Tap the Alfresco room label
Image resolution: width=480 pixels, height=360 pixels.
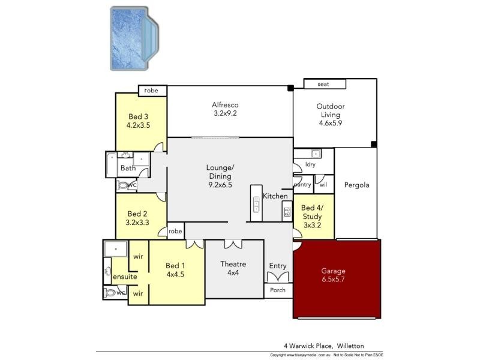click(226, 109)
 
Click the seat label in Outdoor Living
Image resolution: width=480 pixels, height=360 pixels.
click(323, 85)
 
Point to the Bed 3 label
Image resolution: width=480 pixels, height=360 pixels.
click(138, 121)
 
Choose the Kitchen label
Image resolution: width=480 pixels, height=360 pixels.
click(275, 196)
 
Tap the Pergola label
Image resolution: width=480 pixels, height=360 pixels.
click(356, 185)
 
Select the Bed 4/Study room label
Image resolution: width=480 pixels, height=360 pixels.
click(312, 217)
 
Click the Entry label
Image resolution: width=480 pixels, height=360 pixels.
click(278, 266)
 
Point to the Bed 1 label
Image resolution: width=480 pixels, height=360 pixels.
click(176, 270)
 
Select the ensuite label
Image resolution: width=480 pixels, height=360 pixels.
click(125, 277)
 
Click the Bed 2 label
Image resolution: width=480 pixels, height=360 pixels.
click(137, 218)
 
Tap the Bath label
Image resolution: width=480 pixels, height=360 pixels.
click(128, 168)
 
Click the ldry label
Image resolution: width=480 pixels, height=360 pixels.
click(310, 164)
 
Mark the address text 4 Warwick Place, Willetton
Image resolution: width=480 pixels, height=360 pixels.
click(324, 346)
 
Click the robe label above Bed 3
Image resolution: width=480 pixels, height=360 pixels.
click(151, 91)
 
